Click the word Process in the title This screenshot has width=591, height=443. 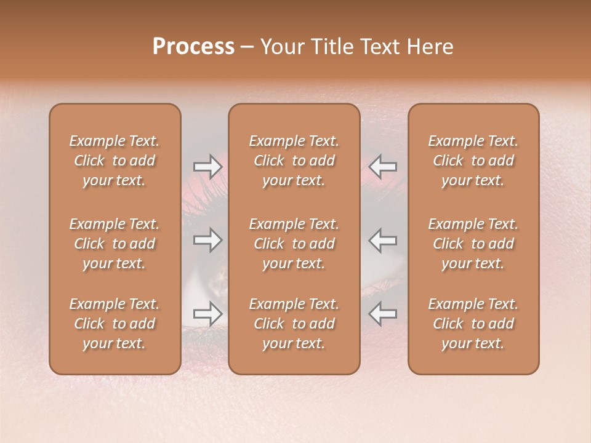pyautogui.click(x=193, y=47)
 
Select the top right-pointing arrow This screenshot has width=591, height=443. pyautogui.click(x=207, y=167)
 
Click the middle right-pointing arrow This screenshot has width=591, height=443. pyautogui.click(x=207, y=239)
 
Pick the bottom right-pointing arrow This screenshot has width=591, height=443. pyautogui.click(x=207, y=314)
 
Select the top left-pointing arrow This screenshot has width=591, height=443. pyautogui.click(x=383, y=167)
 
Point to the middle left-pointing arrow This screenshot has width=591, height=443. pyautogui.click(x=383, y=239)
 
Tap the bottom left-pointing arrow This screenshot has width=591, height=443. pyautogui.click(x=383, y=314)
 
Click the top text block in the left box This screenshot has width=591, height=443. pyautogui.click(x=115, y=161)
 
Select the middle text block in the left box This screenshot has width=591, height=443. pyautogui.click(x=115, y=244)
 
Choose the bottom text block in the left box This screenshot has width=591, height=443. pyautogui.click(x=115, y=324)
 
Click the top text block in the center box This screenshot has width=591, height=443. pyautogui.click(x=294, y=161)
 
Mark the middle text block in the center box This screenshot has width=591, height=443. pyautogui.click(x=294, y=244)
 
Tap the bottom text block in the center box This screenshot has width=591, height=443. pyautogui.click(x=294, y=324)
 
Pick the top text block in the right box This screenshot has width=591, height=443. pyautogui.click(x=473, y=161)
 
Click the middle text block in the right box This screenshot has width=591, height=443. pyautogui.click(x=473, y=244)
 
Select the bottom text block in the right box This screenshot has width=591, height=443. pyautogui.click(x=473, y=324)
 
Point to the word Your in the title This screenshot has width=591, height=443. pyautogui.click(x=281, y=47)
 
